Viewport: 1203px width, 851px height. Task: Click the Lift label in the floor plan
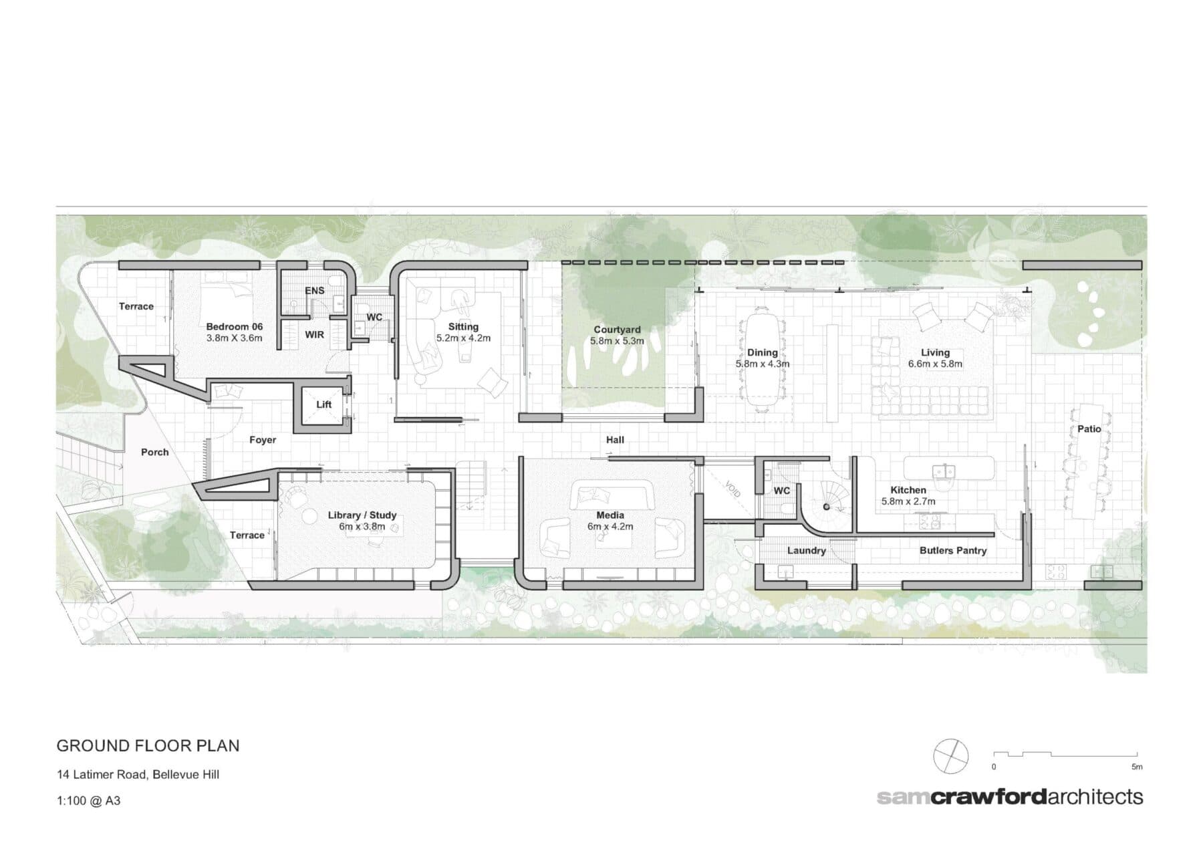(323, 404)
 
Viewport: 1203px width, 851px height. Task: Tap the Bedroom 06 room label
(234, 327)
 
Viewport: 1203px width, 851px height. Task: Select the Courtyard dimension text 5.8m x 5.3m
(617, 341)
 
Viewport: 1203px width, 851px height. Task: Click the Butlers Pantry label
(952, 551)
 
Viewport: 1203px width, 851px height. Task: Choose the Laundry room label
(806, 551)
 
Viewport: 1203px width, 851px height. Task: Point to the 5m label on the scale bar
(1137, 767)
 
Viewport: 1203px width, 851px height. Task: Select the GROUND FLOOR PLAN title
(148, 745)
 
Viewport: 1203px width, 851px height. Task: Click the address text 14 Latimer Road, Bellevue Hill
(138, 775)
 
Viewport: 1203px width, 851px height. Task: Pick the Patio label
(1089, 429)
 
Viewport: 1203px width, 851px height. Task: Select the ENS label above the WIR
(315, 291)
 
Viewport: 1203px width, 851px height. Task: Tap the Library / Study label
(362, 515)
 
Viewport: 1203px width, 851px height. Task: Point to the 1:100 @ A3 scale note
(89, 800)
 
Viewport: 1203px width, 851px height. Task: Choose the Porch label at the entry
(154, 452)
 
